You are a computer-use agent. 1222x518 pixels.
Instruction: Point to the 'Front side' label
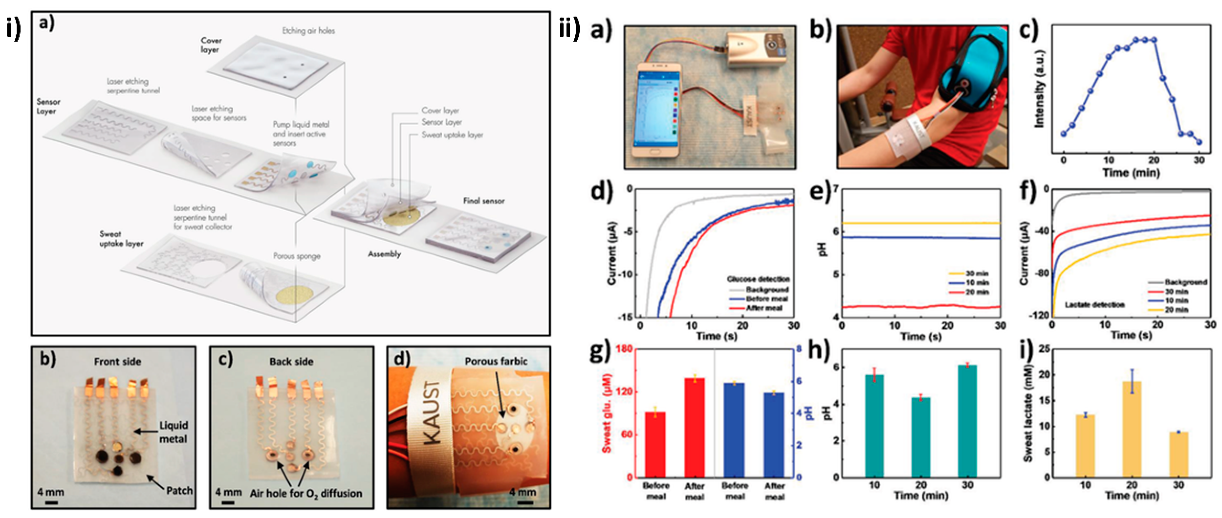click(118, 362)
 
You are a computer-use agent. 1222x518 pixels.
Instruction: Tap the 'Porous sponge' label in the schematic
click(297, 256)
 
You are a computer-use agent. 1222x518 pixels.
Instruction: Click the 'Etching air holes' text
click(308, 31)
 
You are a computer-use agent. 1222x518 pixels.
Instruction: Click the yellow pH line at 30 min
click(920, 223)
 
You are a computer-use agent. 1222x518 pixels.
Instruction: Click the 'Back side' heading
click(291, 362)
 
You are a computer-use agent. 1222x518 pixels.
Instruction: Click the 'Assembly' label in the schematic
click(384, 254)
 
